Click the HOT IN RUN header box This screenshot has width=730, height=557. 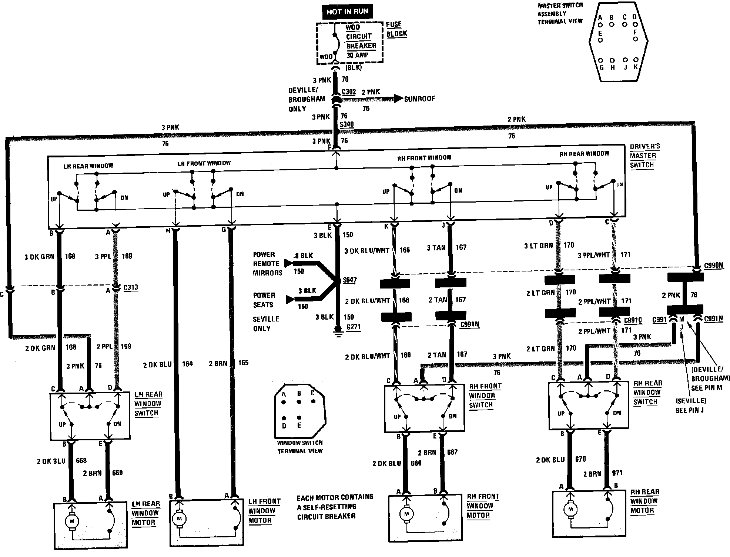coord(347,12)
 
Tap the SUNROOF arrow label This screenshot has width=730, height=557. coord(419,99)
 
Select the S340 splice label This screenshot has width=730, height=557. coord(346,124)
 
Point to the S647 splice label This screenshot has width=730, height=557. coord(349,280)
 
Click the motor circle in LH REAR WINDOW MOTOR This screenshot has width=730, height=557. coord(72,522)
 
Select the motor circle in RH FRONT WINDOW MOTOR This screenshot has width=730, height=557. coord(406,514)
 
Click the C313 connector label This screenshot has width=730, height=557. coord(131,287)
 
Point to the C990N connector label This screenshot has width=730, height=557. coord(713,266)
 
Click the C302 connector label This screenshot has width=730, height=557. coord(348,92)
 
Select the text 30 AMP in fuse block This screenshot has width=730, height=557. coord(357,55)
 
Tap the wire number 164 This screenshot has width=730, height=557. coord(187,364)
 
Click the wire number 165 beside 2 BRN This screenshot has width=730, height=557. coord(243,363)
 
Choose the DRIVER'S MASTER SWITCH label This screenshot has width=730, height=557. coord(644,156)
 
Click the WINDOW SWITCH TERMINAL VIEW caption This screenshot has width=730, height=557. coord(300,447)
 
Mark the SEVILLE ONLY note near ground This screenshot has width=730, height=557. coord(266,323)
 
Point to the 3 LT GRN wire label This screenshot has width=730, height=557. coord(538,245)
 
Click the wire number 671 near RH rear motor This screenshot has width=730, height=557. coord(617,473)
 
